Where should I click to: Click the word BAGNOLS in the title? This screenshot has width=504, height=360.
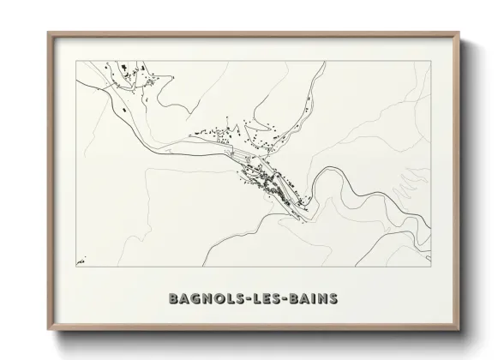[x=208, y=299]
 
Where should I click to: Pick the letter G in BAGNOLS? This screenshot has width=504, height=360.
[x=197, y=299]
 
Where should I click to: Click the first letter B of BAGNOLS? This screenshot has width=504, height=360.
[x=174, y=299]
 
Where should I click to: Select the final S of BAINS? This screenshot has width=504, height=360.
[x=333, y=299]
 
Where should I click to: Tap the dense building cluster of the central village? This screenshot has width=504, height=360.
[x=270, y=182]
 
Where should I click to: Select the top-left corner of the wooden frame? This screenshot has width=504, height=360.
[x=48, y=33]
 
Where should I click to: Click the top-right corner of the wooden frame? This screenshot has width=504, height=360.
[x=459, y=33]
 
